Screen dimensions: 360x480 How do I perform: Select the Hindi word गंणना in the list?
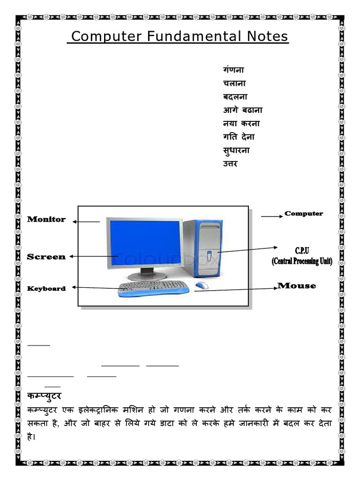[x=233, y=70]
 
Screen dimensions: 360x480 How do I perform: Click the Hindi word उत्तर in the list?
[x=230, y=164]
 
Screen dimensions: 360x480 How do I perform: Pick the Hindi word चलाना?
[x=234, y=83]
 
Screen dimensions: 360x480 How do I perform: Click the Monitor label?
[x=46, y=219]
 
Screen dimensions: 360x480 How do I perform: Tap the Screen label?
[x=46, y=257]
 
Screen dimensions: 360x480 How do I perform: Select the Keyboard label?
[x=46, y=288]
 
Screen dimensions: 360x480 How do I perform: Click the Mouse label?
[x=297, y=285]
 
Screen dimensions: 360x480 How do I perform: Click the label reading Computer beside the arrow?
[x=304, y=214]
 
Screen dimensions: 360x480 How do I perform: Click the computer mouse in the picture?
[x=202, y=285]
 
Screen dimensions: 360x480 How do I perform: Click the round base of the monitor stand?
[x=147, y=276]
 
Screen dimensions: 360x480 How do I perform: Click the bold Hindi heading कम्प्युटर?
[x=45, y=396]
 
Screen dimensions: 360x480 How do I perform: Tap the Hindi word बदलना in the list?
[x=235, y=97]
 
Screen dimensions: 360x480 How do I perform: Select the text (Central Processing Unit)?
[x=302, y=262]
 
